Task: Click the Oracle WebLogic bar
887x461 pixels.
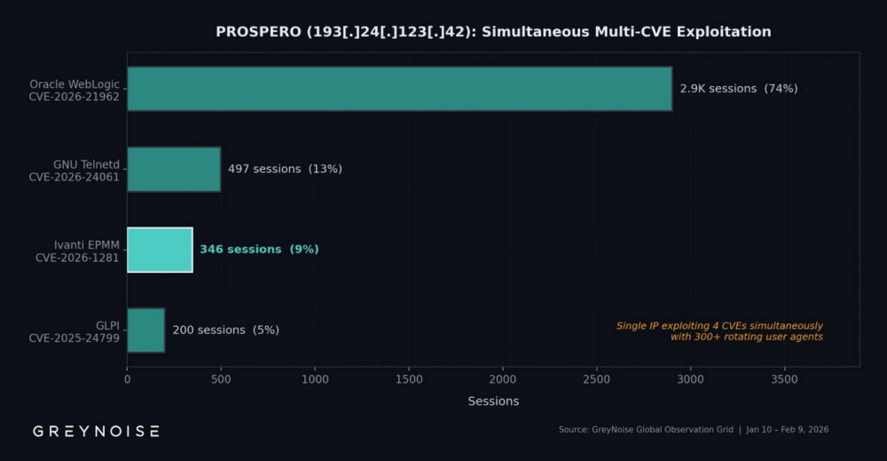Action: tap(399, 89)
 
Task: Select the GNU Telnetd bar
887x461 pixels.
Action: tap(174, 169)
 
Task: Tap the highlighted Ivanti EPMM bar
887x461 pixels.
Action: tap(160, 250)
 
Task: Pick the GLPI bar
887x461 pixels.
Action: tap(145, 330)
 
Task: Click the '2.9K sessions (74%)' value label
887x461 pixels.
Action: tap(738, 89)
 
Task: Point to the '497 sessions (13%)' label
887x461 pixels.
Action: tap(285, 169)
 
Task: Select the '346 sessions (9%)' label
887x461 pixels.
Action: tap(259, 250)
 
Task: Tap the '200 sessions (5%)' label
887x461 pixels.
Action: tap(225, 330)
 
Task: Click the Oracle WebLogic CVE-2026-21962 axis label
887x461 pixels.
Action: tap(75, 90)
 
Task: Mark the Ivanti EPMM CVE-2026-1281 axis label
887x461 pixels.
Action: tap(77, 250)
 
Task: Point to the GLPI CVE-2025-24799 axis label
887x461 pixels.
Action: tap(75, 330)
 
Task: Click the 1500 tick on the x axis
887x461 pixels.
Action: tap(409, 379)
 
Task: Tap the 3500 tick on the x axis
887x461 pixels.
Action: tap(784, 379)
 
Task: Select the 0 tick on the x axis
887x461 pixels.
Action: tap(127, 379)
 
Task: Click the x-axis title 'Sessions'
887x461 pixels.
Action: tap(493, 401)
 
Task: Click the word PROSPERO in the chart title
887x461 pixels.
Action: tap(256, 32)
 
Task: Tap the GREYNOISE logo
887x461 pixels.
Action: tap(97, 431)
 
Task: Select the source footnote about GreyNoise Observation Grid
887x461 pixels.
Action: tap(693, 430)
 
